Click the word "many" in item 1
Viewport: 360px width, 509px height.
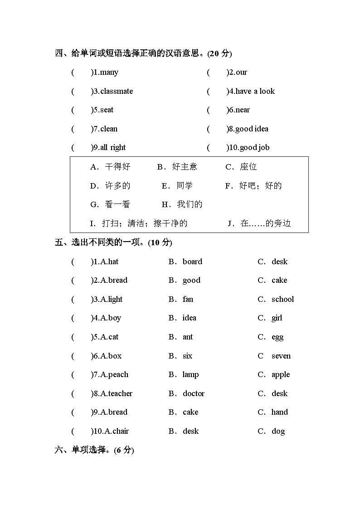pyautogui.click(x=109, y=73)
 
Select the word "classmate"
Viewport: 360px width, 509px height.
pyautogui.click(x=117, y=92)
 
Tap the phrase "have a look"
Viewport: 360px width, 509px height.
pyautogui.click(x=255, y=92)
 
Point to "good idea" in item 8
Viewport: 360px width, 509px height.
pyautogui.click(x=252, y=129)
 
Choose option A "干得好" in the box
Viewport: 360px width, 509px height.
pyautogui.click(x=117, y=167)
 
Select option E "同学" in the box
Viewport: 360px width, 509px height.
pyautogui.click(x=185, y=186)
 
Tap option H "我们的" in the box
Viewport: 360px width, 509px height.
pyautogui.click(x=190, y=204)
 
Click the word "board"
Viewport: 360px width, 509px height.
pyautogui.click(x=192, y=262)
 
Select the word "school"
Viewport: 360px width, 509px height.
pyautogui.click(x=282, y=300)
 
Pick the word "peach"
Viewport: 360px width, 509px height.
pyautogui.click(x=118, y=375)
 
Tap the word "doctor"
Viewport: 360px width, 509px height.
pyautogui.click(x=194, y=394)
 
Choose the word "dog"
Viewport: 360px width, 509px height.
pyautogui.click(x=278, y=431)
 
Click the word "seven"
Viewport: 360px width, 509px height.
pyautogui.click(x=281, y=356)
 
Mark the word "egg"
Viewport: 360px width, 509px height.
pyautogui.click(x=277, y=337)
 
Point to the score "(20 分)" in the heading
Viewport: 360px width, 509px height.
pyautogui.click(x=219, y=53)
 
